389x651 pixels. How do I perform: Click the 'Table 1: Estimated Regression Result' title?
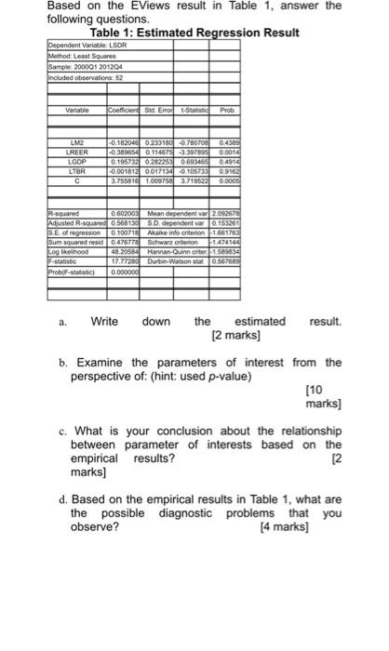(x=194, y=33)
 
